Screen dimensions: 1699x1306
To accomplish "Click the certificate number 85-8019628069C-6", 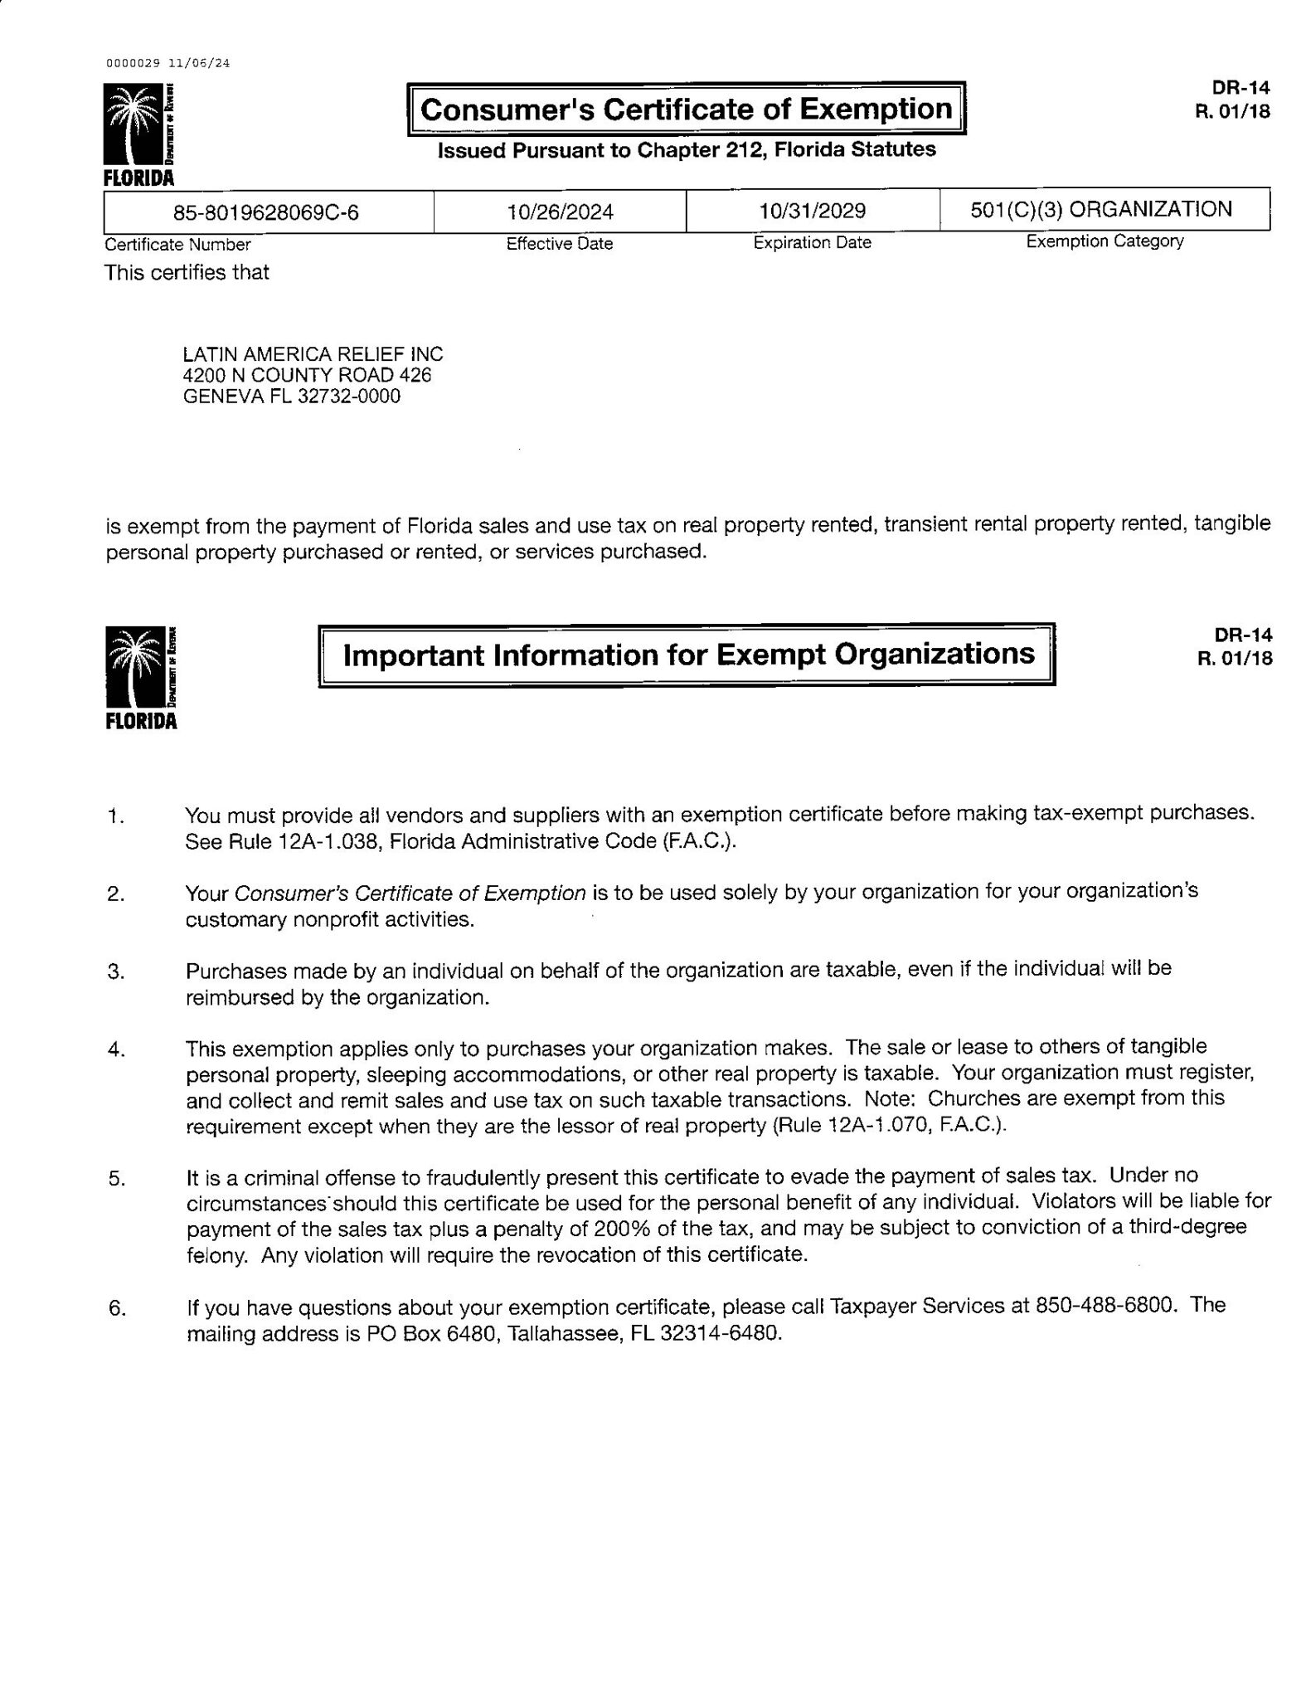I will point(265,212).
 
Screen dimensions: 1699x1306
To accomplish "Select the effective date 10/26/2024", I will point(560,212).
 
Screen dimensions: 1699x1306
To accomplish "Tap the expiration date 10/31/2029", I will point(812,211).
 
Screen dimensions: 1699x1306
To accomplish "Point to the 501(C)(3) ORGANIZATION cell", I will point(1101,209).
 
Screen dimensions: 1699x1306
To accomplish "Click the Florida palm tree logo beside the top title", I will point(138,128).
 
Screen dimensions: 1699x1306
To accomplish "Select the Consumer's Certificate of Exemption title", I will point(687,110).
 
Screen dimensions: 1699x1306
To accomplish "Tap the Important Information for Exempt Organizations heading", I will point(688,655).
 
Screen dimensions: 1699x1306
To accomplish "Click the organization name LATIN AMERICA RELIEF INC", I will point(313,354).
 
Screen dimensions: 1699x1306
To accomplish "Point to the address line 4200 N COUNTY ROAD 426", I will point(307,375).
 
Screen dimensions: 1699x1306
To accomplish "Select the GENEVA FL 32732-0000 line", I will point(291,396).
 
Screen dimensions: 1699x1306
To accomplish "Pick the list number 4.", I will point(116,1050).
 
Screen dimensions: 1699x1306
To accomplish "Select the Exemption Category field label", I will point(1105,241).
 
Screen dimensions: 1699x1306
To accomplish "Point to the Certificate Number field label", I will point(177,245).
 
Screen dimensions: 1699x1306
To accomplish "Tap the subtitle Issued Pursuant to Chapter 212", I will point(687,150).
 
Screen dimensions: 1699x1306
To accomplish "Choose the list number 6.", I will point(116,1309).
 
